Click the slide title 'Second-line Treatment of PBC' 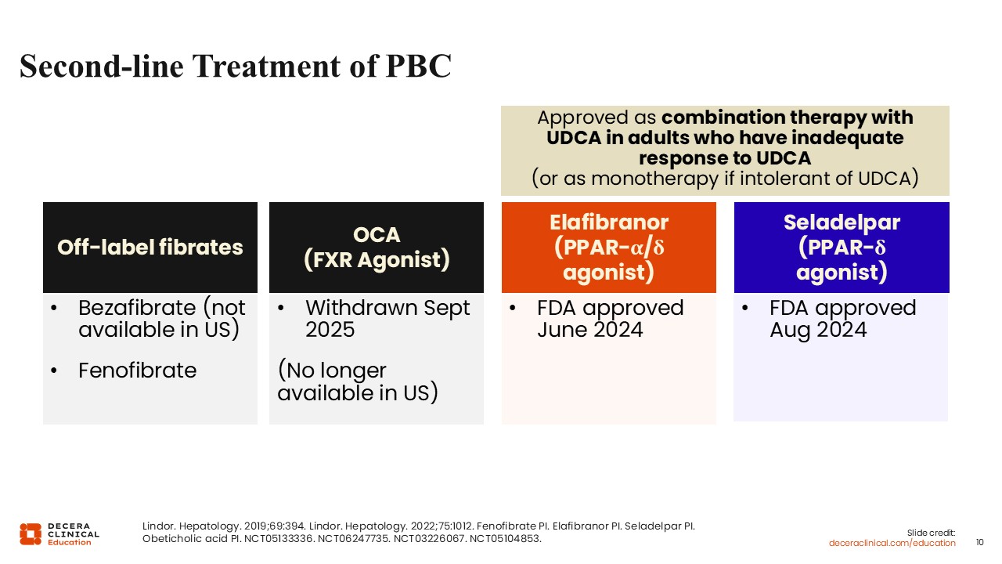236,67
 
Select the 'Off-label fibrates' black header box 150,247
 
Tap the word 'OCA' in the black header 377,234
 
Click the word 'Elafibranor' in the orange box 609,222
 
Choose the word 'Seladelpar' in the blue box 842,222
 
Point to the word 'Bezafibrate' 137,308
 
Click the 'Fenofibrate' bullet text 137,371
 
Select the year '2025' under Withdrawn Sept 330,330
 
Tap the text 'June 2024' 590,330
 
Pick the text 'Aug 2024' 818,331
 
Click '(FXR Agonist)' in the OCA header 377,259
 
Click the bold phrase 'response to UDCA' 725,158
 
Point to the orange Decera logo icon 31,534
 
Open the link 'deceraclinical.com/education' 892,543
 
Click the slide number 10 979,543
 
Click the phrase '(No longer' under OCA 332,371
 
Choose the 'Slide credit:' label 931,533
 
